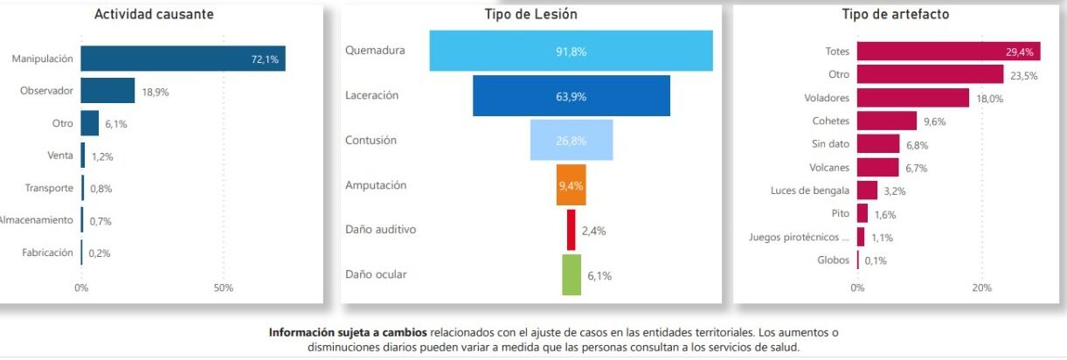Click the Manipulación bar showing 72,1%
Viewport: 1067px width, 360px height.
pyautogui.click(x=183, y=59)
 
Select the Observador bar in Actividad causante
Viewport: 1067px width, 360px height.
pyautogui.click(x=107, y=91)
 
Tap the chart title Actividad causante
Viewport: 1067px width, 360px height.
pyautogui.click(x=154, y=14)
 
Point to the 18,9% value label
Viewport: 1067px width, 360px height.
pyautogui.click(x=155, y=92)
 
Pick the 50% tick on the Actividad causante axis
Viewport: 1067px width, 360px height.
pyautogui.click(x=223, y=287)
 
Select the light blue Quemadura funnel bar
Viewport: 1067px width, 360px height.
pyautogui.click(x=571, y=51)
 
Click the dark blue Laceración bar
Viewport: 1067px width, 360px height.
pyautogui.click(x=571, y=96)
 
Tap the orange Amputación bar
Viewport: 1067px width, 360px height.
pyautogui.click(x=571, y=185)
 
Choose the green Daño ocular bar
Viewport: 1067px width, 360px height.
pyautogui.click(x=571, y=275)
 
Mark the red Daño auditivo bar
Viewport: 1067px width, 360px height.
pyautogui.click(x=571, y=230)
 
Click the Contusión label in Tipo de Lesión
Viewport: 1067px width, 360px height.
pyautogui.click(x=371, y=140)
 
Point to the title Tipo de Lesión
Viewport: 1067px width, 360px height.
pyautogui.click(x=530, y=14)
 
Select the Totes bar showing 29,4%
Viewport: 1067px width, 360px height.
pyautogui.click(x=929, y=52)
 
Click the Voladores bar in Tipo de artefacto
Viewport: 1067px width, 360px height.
pyautogui.click(x=912, y=98)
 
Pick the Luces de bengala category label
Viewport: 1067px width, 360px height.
pyautogui.click(x=809, y=190)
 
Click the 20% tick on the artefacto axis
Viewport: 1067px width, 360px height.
pyautogui.click(x=981, y=287)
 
